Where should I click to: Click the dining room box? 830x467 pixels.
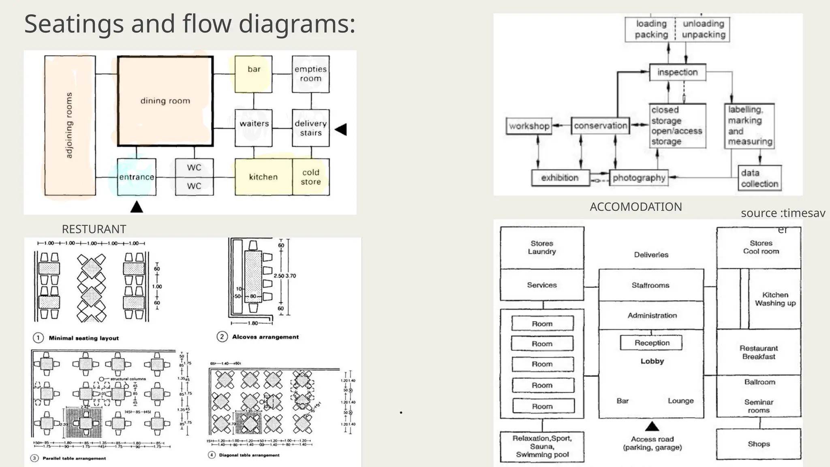click(165, 101)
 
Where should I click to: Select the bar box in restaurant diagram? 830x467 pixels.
click(254, 74)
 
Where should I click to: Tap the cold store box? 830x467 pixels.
click(311, 177)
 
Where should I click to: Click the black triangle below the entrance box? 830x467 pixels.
click(137, 207)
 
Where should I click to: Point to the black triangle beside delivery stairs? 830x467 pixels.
click(341, 130)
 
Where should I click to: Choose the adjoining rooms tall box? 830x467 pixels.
click(70, 126)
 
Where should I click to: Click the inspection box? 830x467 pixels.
click(677, 73)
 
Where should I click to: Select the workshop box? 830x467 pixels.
click(529, 126)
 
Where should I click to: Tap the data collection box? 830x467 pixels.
click(759, 178)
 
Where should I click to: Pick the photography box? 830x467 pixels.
click(639, 178)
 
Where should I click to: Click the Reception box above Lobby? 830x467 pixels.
click(652, 343)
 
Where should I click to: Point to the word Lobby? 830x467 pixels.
click(652, 361)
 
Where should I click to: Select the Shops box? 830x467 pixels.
click(758, 444)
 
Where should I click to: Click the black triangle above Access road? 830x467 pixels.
click(652, 426)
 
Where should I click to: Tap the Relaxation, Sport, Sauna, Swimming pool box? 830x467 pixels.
click(542, 446)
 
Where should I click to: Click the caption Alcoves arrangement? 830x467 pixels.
click(265, 337)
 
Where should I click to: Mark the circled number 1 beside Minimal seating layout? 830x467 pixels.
click(38, 338)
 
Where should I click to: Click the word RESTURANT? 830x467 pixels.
click(94, 229)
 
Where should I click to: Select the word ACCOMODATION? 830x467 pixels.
click(635, 207)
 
